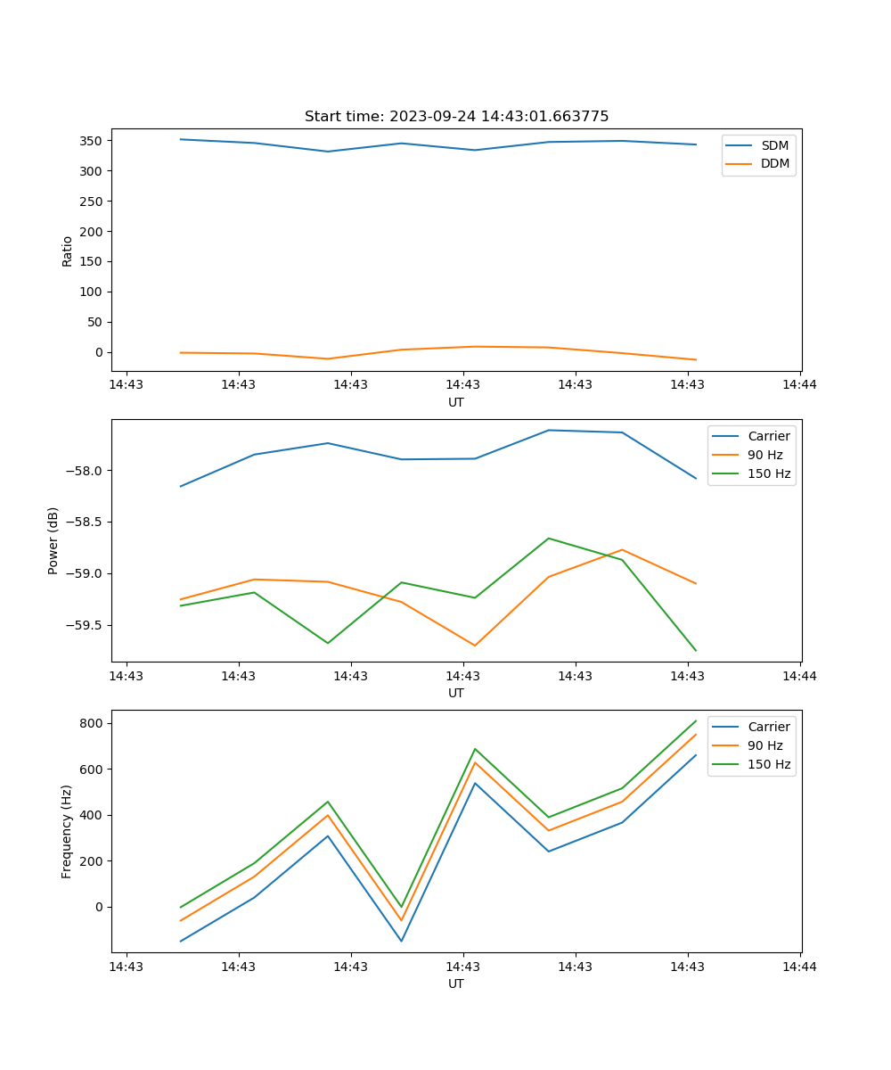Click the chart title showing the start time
pyautogui.click(x=456, y=117)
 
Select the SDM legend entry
pyautogui.click(x=774, y=145)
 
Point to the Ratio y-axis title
pyautogui.click(x=67, y=251)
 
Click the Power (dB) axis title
pyautogui.click(x=53, y=540)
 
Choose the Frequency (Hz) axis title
pyautogui.click(x=67, y=831)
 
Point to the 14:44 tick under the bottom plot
pyautogui.click(x=800, y=966)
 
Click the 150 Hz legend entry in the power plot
pyautogui.click(x=769, y=473)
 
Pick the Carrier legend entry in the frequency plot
pyautogui.click(x=768, y=727)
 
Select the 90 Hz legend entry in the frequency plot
pyautogui.click(x=764, y=745)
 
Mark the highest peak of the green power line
pyautogui.click(x=548, y=538)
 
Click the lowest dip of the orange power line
pyautogui.click(x=474, y=646)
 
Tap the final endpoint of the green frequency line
pyautogui.click(x=696, y=720)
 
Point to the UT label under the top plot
pyautogui.click(x=456, y=402)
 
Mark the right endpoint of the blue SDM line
pyautogui.click(x=696, y=144)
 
